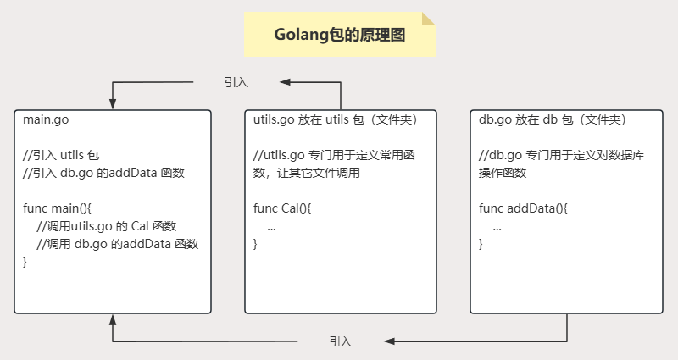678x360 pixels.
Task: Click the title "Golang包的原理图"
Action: point(340,35)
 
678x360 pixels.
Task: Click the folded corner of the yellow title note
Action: point(428,19)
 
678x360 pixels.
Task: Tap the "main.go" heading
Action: point(47,119)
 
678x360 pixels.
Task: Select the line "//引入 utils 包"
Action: point(61,155)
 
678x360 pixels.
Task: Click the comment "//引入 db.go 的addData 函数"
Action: point(103,173)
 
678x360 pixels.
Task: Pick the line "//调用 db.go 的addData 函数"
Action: point(118,244)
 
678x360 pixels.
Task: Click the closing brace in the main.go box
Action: point(25,262)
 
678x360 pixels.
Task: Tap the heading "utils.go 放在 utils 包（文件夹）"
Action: point(336,119)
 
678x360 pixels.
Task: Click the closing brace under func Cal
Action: point(256,244)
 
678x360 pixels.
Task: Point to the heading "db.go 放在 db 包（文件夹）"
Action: point(552,119)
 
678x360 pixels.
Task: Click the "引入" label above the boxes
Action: point(236,82)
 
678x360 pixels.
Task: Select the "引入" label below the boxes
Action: point(341,341)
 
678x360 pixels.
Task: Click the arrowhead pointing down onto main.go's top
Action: point(113,100)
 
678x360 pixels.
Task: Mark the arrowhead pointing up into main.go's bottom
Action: point(113,320)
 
